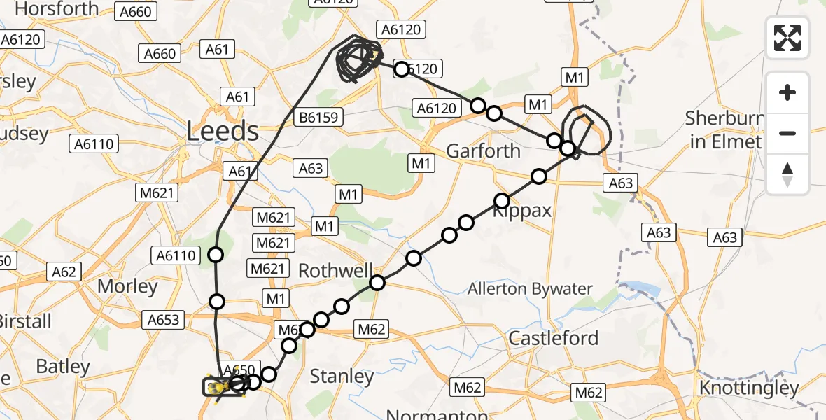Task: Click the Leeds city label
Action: pyautogui.click(x=223, y=131)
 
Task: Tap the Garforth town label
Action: pyautogui.click(x=483, y=150)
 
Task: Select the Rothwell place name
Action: pyautogui.click(x=333, y=271)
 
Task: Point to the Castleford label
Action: pyautogui.click(x=553, y=338)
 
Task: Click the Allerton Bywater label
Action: pyautogui.click(x=530, y=288)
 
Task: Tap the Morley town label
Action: pyautogui.click(x=127, y=286)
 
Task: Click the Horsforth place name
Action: pyautogui.click(x=57, y=9)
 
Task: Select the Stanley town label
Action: pyautogui.click(x=342, y=376)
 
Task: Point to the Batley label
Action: pyautogui.click(x=63, y=366)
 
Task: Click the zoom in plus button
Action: pyautogui.click(x=787, y=93)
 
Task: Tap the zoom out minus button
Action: pyautogui.click(x=787, y=133)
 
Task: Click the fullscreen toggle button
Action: pyautogui.click(x=787, y=38)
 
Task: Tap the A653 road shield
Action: pyautogui.click(x=163, y=320)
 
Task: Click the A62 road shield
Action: pyautogui.click(x=64, y=271)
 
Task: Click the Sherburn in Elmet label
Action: pyautogui.click(x=724, y=129)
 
